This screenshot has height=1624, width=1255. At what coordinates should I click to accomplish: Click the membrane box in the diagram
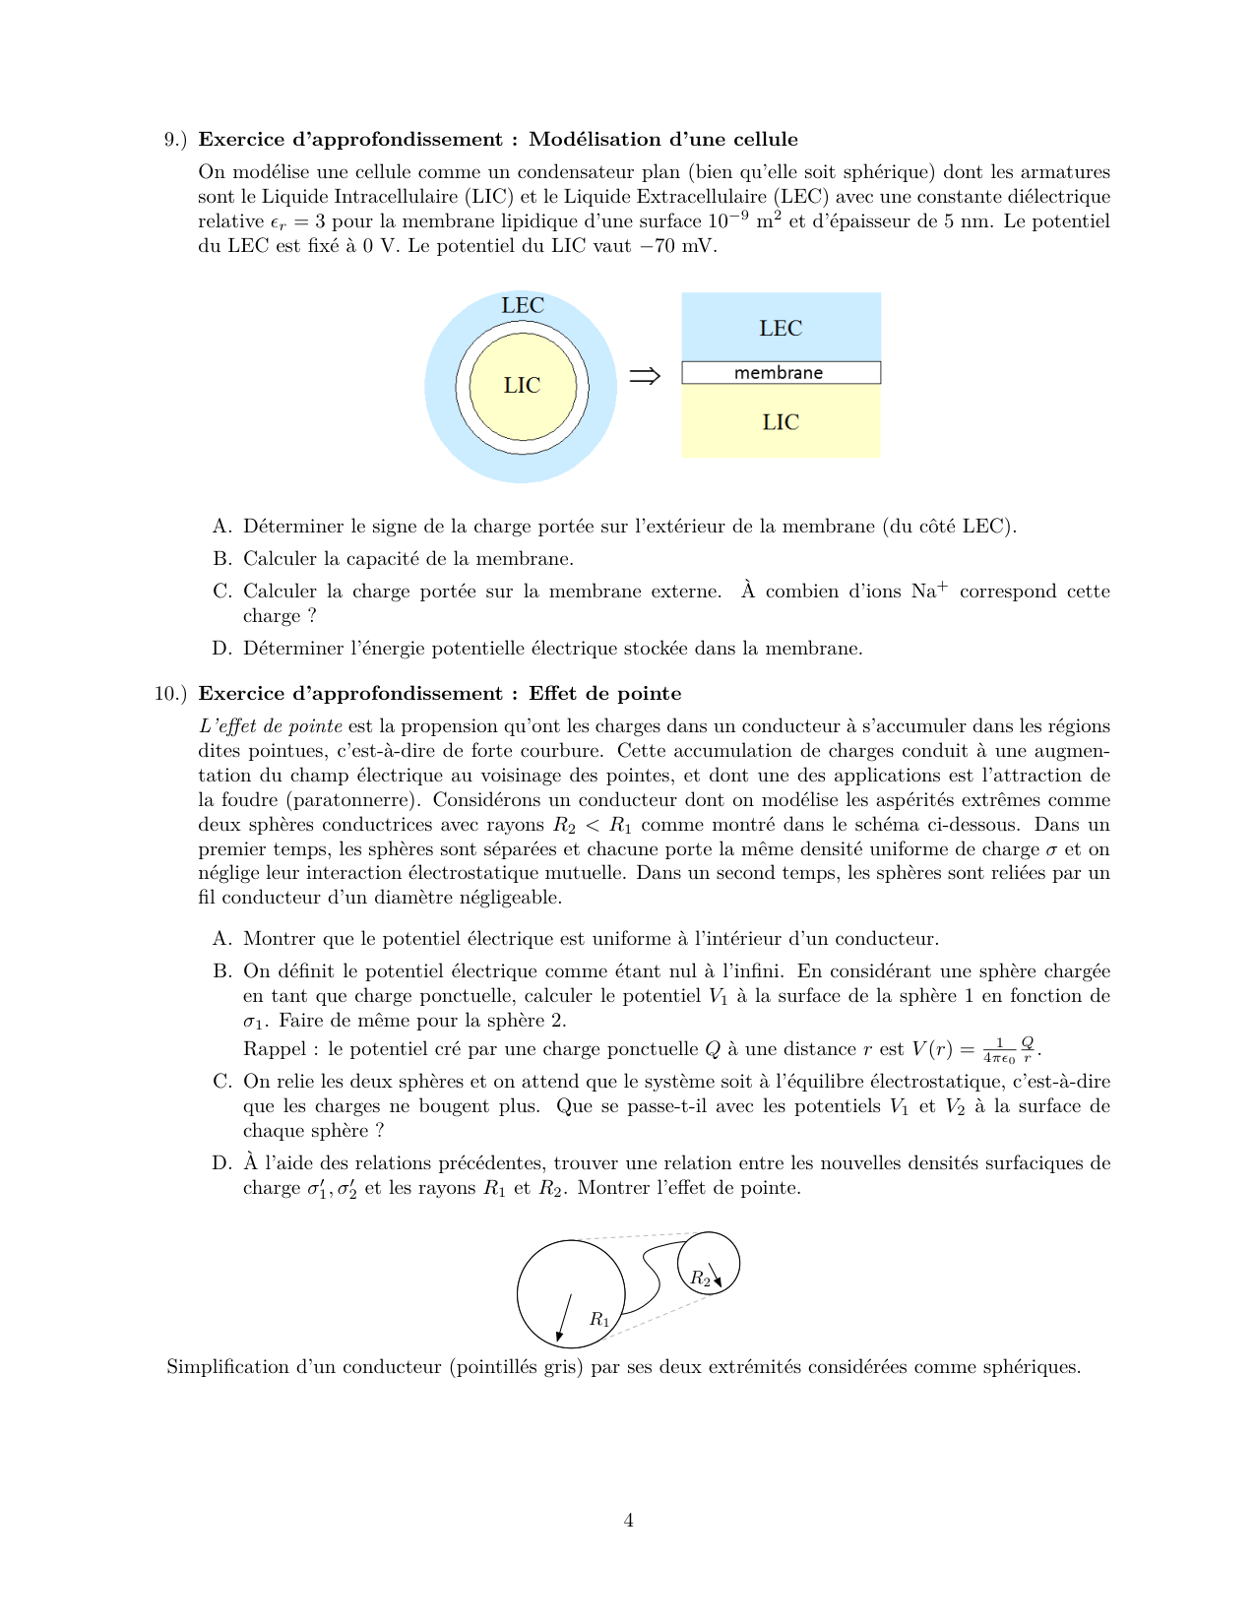coord(781,373)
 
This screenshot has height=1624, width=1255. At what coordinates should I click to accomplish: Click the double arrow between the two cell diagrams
coord(645,376)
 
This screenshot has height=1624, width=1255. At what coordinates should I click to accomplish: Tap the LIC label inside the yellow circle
coord(522,385)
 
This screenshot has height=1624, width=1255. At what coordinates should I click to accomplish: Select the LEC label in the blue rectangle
coord(781,328)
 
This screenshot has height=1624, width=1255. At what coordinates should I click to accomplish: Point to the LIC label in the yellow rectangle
coord(781,422)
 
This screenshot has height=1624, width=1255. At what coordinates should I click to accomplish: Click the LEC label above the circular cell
coord(522,305)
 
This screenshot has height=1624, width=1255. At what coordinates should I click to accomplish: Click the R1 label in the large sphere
coord(599,1319)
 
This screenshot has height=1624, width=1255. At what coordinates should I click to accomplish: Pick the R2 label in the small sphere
coord(700,1279)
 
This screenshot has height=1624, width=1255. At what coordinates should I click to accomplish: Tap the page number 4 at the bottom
coord(628,1521)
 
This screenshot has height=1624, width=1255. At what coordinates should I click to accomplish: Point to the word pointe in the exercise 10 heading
coord(654,694)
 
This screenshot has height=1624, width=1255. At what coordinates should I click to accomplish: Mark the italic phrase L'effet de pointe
coord(271,726)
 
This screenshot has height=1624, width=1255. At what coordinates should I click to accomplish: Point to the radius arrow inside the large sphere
coord(564,1318)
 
